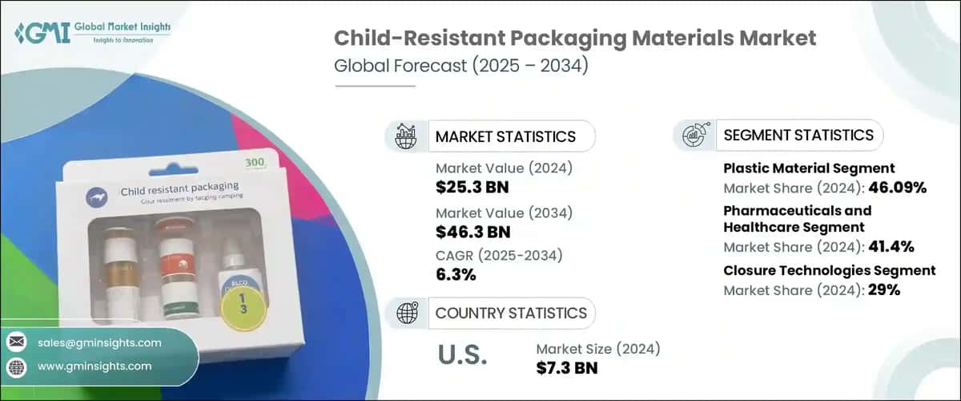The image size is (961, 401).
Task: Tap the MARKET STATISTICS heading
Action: tap(505, 136)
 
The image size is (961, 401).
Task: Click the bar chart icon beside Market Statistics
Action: tap(406, 136)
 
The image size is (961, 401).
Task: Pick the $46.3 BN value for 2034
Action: tap(472, 232)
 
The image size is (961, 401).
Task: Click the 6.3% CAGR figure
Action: tap(456, 275)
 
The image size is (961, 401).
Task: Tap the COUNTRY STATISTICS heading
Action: tap(510, 313)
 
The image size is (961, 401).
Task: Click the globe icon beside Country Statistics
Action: tap(406, 313)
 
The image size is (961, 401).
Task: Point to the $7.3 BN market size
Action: tap(569, 367)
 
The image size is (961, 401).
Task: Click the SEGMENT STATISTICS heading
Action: tap(798, 135)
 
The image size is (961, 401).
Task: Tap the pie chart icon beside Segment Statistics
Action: tap(694, 135)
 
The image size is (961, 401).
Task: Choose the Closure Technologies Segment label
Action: tap(830, 270)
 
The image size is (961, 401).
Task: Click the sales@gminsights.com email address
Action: tap(99, 342)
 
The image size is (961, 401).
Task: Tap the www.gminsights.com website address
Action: tap(94, 366)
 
